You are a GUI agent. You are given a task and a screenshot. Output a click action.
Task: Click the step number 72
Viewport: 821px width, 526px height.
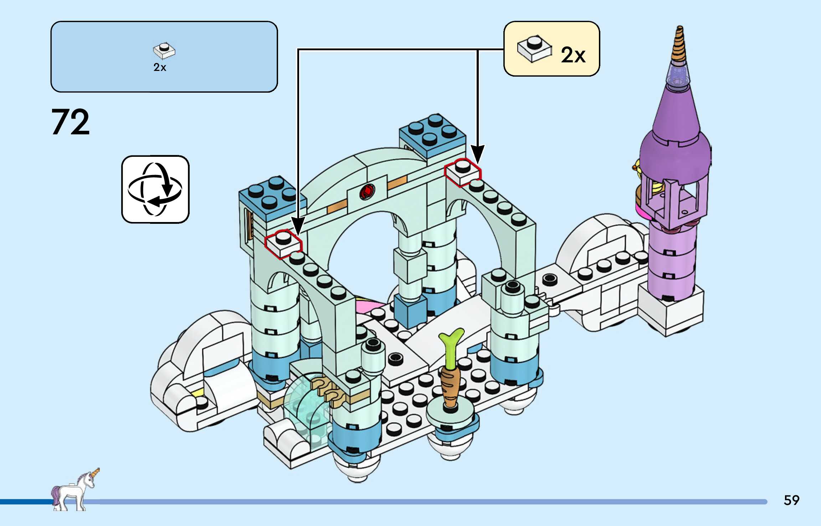tap(71, 122)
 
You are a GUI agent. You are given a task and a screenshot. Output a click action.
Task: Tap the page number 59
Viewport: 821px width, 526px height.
tap(791, 500)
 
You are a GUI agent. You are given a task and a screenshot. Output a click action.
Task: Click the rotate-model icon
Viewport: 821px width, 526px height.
tap(155, 189)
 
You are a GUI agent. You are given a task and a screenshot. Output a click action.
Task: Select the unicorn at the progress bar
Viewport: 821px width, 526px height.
tap(74, 490)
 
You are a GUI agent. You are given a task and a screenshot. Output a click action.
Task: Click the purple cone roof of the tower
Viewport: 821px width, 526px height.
tap(676, 114)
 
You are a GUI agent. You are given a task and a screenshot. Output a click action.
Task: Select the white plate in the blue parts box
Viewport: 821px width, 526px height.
tap(164, 51)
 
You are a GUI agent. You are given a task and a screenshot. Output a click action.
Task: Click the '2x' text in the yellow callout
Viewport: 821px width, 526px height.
tap(573, 55)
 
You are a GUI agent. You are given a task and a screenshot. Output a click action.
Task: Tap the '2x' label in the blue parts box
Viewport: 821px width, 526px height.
tap(160, 67)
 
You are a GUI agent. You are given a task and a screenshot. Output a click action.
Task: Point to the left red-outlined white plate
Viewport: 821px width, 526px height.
tap(283, 243)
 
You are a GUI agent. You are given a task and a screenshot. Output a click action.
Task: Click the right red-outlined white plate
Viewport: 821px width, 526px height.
tap(463, 172)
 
